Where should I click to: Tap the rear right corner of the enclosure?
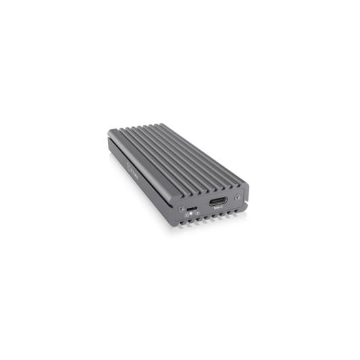pos(156,124)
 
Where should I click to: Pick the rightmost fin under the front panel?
pos(236,212)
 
